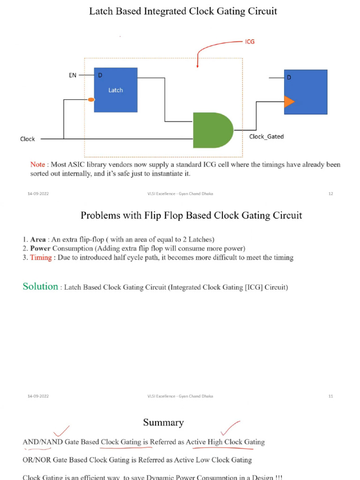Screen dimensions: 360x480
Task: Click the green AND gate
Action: [212, 130]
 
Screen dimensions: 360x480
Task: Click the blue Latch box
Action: [115, 90]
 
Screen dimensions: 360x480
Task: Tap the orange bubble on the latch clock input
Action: [91, 99]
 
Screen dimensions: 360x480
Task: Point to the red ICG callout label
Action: [250, 42]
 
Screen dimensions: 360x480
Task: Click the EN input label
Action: [73, 75]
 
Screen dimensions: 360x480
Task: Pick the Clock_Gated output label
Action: [266, 137]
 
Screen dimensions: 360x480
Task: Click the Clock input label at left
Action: [28, 139]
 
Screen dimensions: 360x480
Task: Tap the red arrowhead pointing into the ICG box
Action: [197, 66]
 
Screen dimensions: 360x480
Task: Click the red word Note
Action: [37, 165]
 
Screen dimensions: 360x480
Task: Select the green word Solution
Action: [40, 286]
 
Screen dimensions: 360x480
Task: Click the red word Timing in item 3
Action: [41, 257]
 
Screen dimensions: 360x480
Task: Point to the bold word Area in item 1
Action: [38, 240]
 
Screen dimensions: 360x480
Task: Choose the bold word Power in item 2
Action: [40, 248]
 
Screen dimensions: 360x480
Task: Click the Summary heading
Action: [163, 422]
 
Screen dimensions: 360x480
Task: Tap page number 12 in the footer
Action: [330, 194]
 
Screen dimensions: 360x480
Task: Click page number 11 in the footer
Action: [330, 397]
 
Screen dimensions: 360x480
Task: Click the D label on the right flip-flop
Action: [289, 77]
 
